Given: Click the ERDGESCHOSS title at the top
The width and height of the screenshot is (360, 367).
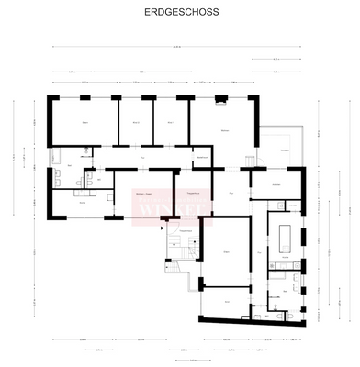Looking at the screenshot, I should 180,15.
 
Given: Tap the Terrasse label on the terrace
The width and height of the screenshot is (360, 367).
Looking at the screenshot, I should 285,149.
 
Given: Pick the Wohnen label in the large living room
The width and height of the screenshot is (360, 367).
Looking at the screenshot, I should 225,131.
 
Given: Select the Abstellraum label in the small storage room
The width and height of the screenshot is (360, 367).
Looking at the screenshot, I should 201,158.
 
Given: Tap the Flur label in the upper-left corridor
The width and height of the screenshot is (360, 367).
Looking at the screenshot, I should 142,158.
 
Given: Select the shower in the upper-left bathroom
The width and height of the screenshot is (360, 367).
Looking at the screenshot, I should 89,150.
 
